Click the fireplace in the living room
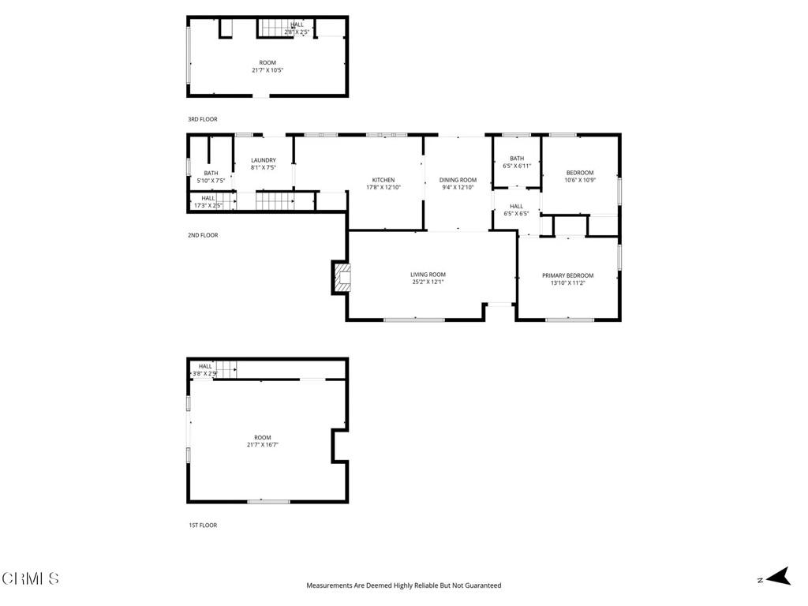point(342,277)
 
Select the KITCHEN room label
point(383,180)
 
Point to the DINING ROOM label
point(458,180)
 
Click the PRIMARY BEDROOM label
point(567,275)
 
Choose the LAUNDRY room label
point(264,160)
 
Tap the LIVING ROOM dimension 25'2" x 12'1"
point(428,282)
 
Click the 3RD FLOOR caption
point(202,119)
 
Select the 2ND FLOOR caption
point(202,235)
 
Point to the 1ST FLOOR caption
point(202,525)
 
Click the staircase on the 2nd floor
point(275,201)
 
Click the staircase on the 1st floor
point(227,368)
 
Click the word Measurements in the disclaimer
point(332,585)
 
